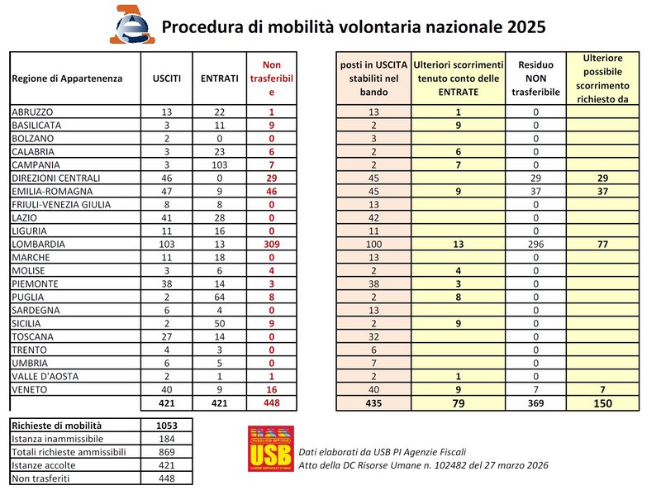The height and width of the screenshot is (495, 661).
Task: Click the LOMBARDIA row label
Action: pos(38,245)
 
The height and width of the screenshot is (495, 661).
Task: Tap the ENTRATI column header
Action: pos(220,79)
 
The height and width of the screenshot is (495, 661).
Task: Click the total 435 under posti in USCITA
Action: pos(373,402)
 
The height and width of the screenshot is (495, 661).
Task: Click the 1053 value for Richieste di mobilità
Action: pos(166,425)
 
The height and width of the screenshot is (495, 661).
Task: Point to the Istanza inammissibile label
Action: pos(52,438)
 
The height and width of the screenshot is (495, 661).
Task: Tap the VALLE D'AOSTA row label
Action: pos(43,376)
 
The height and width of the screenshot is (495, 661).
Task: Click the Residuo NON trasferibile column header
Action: pos(535,79)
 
